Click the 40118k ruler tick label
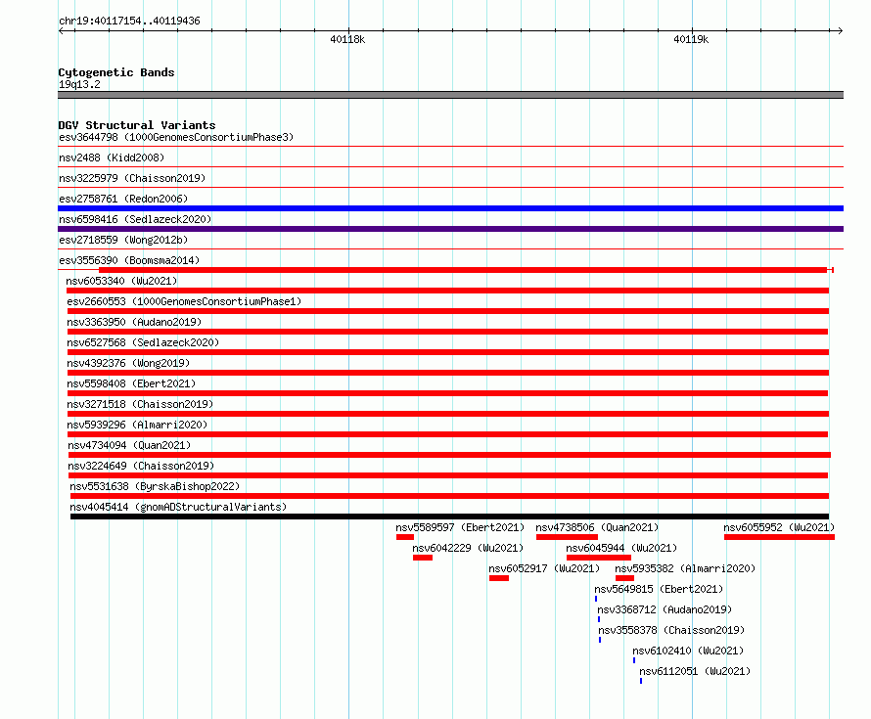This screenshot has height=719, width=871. [x=347, y=39]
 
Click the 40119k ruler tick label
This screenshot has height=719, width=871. [x=691, y=39]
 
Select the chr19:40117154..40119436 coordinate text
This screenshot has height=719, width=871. [x=129, y=21]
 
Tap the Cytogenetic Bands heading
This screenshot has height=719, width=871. [x=116, y=72]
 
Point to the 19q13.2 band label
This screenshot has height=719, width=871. [x=79, y=84]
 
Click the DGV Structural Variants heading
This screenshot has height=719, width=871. [x=137, y=125]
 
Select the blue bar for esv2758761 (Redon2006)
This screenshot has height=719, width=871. [x=450, y=208]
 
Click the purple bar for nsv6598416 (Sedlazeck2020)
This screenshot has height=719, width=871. [x=450, y=229]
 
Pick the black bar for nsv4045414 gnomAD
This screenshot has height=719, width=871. [x=449, y=517]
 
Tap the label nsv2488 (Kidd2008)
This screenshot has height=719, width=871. [x=112, y=157]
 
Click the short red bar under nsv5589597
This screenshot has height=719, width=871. [x=405, y=537]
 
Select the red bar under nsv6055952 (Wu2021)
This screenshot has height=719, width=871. [x=779, y=537]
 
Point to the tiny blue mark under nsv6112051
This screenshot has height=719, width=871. [x=641, y=681]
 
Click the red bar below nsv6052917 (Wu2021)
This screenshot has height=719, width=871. [x=499, y=578]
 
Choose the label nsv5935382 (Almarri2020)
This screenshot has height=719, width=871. [x=685, y=568]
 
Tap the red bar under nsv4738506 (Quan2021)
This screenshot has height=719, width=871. [x=567, y=537]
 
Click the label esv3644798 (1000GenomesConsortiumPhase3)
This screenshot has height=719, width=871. [x=176, y=137]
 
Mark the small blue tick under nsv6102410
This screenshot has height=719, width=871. [x=634, y=660]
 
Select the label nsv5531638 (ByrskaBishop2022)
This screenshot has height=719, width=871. [x=155, y=486]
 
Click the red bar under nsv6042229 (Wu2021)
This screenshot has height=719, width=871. [x=423, y=558]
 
